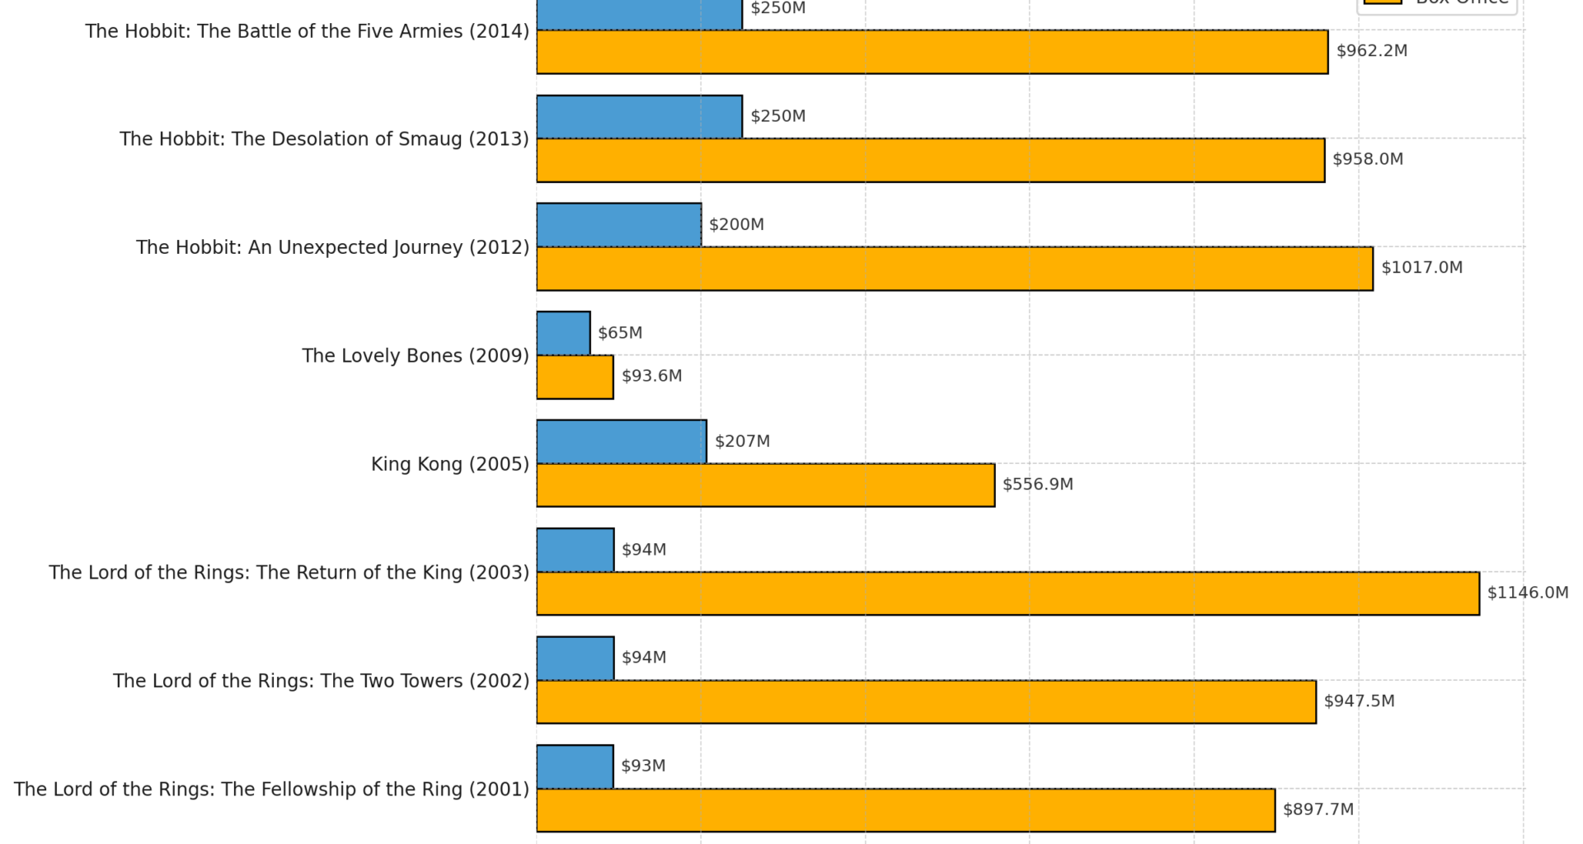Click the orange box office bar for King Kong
[765, 485]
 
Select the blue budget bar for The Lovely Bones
[563, 333]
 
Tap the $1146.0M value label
[1527, 593]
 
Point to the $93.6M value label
[651, 376]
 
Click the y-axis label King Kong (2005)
[449, 464]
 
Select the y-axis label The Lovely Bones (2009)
[415, 355]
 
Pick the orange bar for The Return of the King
[1008, 593]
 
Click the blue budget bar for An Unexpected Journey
[618, 225]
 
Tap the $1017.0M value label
[1421, 268]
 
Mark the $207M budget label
[742, 441]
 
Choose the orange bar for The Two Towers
[926, 701]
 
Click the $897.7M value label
[1318, 809]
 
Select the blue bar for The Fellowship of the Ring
[575, 767]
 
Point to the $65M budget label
[619, 333]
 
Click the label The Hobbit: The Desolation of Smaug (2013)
[324, 138]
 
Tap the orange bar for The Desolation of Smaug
[930, 160]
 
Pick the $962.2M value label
[1371, 51]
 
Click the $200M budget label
[736, 224]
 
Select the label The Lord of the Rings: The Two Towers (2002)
[321, 681]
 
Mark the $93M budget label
[642, 766]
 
